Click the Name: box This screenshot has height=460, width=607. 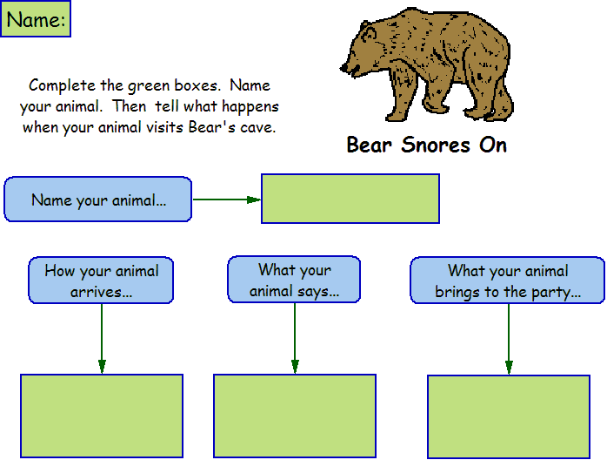coord(36,18)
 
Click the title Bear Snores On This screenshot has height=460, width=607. coord(427,145)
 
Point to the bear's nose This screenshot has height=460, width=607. coord(343,68)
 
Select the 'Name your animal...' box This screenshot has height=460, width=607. coord(98,200)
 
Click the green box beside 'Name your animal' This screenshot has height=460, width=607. coord(350,199)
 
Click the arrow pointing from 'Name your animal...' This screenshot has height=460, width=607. coord(227,200)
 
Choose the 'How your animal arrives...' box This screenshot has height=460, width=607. coord(101,280)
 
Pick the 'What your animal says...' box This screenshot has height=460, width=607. coord(294,280)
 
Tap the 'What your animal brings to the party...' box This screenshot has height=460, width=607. coord(508,280)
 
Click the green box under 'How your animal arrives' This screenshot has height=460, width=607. coord(102,416)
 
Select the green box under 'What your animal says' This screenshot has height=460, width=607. coord(295,416)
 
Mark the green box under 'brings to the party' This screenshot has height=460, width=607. coord(509,417)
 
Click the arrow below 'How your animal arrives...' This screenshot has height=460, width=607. coord(102,339)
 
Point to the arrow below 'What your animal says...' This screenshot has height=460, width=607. coord(295,338)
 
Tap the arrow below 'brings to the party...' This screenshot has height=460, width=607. coord(509,340)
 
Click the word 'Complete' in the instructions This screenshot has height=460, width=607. coord(62,85)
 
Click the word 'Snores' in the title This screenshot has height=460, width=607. coord(436,145)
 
